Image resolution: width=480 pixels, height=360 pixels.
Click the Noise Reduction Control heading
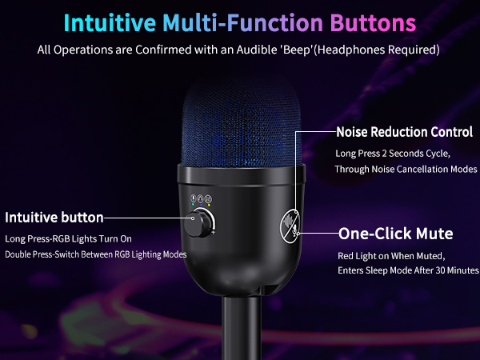tap(404, 132)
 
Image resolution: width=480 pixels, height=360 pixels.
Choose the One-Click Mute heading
tap(396, 234)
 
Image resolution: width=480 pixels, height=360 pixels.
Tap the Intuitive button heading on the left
tap(54, 218)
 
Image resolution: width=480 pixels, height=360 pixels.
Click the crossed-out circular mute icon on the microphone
tap(291, 226)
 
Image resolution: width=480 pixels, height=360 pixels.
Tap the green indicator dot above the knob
tap(194, 205)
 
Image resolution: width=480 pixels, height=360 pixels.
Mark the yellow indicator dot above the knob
tap(208, 205)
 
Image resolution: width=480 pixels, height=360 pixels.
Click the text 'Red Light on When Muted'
tap(390, 256)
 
